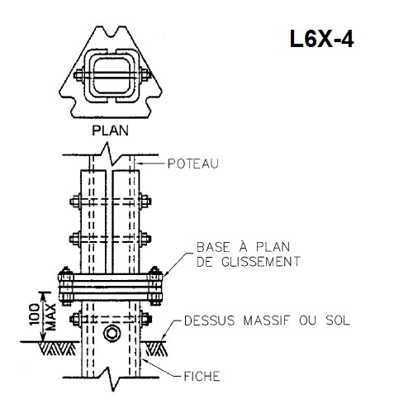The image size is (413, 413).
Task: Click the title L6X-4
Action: coord(321,39)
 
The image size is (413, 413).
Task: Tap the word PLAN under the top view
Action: coord(110,131)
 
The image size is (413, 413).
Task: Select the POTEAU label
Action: coord(193,164)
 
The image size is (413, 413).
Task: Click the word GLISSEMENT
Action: coord(261,261)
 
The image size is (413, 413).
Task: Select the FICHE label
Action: coord(202,376)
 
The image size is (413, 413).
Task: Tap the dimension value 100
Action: coord(35,314)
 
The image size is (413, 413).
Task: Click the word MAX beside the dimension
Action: coord(50,317)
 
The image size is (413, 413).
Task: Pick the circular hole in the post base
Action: coord(112,334)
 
